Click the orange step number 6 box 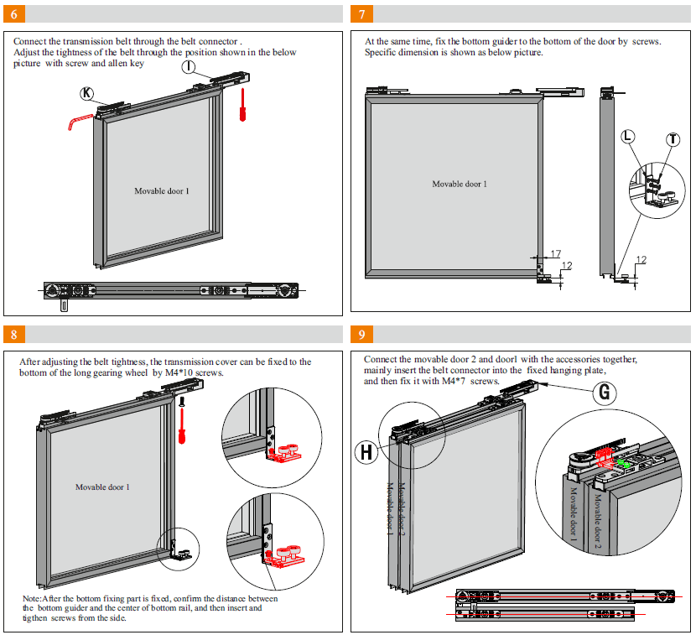click(14, 13)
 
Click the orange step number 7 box click(361, 13)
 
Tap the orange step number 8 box click(14, 335)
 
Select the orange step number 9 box click(361, 335)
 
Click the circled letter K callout click(86, 93)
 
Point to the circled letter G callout click(605, 393)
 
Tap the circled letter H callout click(366, 452)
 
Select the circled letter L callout click(627, 137)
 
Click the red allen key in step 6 click(80, 122)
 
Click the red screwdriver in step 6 click(242, 105)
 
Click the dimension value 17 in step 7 click(556, 253)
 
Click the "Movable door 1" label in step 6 click(162, 191)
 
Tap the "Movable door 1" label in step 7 click(460, 184)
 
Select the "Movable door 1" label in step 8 click(102, 487)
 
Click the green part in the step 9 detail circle click(624, 464)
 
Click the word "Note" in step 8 click(31, 599)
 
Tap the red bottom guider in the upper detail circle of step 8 click(284, 453)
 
